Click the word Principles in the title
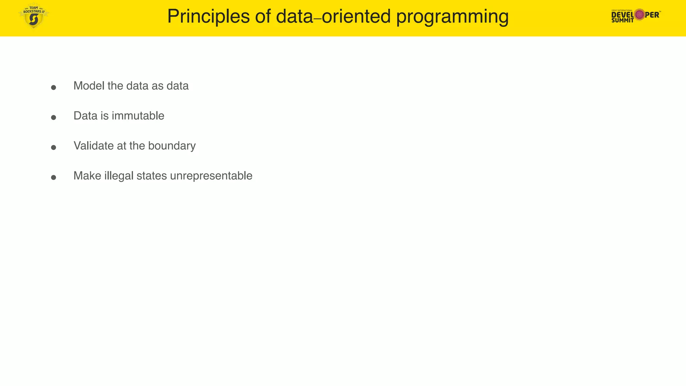(208, 16)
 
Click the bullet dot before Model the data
(54, 87)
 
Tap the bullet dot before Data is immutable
(54, 117)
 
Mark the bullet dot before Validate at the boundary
(54, 147)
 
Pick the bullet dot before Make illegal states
(54, 177)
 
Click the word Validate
(93, 146)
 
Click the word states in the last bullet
(151, 176)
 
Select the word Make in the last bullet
(87, 176)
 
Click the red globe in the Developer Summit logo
(639, 14)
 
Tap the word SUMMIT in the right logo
(622, 20)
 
